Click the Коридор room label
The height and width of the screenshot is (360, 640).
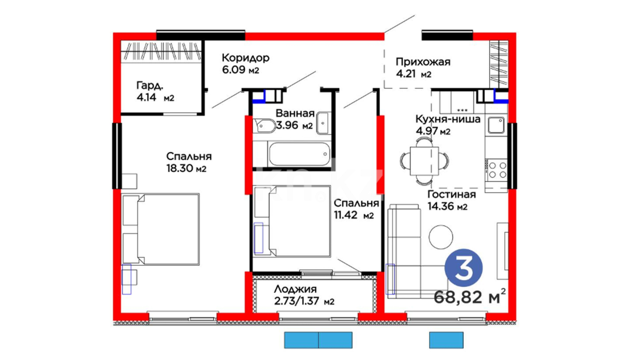245,58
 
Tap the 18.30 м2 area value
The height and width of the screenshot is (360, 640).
186,168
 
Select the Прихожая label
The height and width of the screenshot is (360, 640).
423,62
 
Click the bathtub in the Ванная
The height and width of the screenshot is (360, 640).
299,154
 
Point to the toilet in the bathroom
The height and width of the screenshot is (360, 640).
264,125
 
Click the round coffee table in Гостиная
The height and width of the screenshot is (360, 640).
441,237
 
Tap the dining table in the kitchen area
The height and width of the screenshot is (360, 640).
424,161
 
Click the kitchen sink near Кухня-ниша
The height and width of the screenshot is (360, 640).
496,125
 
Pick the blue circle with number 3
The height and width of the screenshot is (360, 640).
463,268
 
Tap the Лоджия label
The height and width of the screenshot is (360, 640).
295,289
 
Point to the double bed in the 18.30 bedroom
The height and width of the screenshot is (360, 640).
161,229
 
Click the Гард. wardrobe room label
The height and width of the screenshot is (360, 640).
150,86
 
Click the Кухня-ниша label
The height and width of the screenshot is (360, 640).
448,119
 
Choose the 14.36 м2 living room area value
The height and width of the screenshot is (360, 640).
447,206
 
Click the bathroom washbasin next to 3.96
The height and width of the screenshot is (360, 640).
323,123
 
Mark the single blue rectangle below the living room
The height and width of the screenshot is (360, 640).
446,340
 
